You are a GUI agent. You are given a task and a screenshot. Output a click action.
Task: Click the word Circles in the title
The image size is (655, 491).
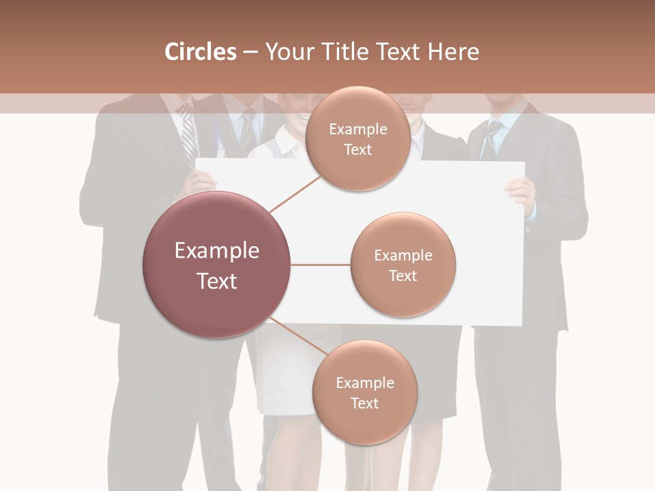pyautogui.click(x=200, y=52)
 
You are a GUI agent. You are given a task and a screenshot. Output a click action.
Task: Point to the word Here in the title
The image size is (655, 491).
pyautogui.click(x=453, y=52)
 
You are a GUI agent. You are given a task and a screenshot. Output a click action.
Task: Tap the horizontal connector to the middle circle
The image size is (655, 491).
pyautogui.click(x=320, y=265)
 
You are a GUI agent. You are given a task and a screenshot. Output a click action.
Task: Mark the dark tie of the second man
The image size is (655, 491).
pyautogui.click(x=247, y=130)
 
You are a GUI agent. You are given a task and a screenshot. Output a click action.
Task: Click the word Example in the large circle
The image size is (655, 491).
pyautogui.click(x=216, y=251)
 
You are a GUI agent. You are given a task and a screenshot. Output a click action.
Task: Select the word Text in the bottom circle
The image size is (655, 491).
pyautogui.click(x=364, y=403)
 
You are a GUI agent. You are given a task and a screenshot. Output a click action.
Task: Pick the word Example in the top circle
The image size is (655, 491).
pyautogui.click(x=358, y=130)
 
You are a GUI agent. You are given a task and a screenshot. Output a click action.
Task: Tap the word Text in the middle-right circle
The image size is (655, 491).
pyautogui.click(x=403, y=276)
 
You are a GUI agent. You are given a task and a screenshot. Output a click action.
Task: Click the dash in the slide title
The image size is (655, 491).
pyautogui.click(x=250, y=53)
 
